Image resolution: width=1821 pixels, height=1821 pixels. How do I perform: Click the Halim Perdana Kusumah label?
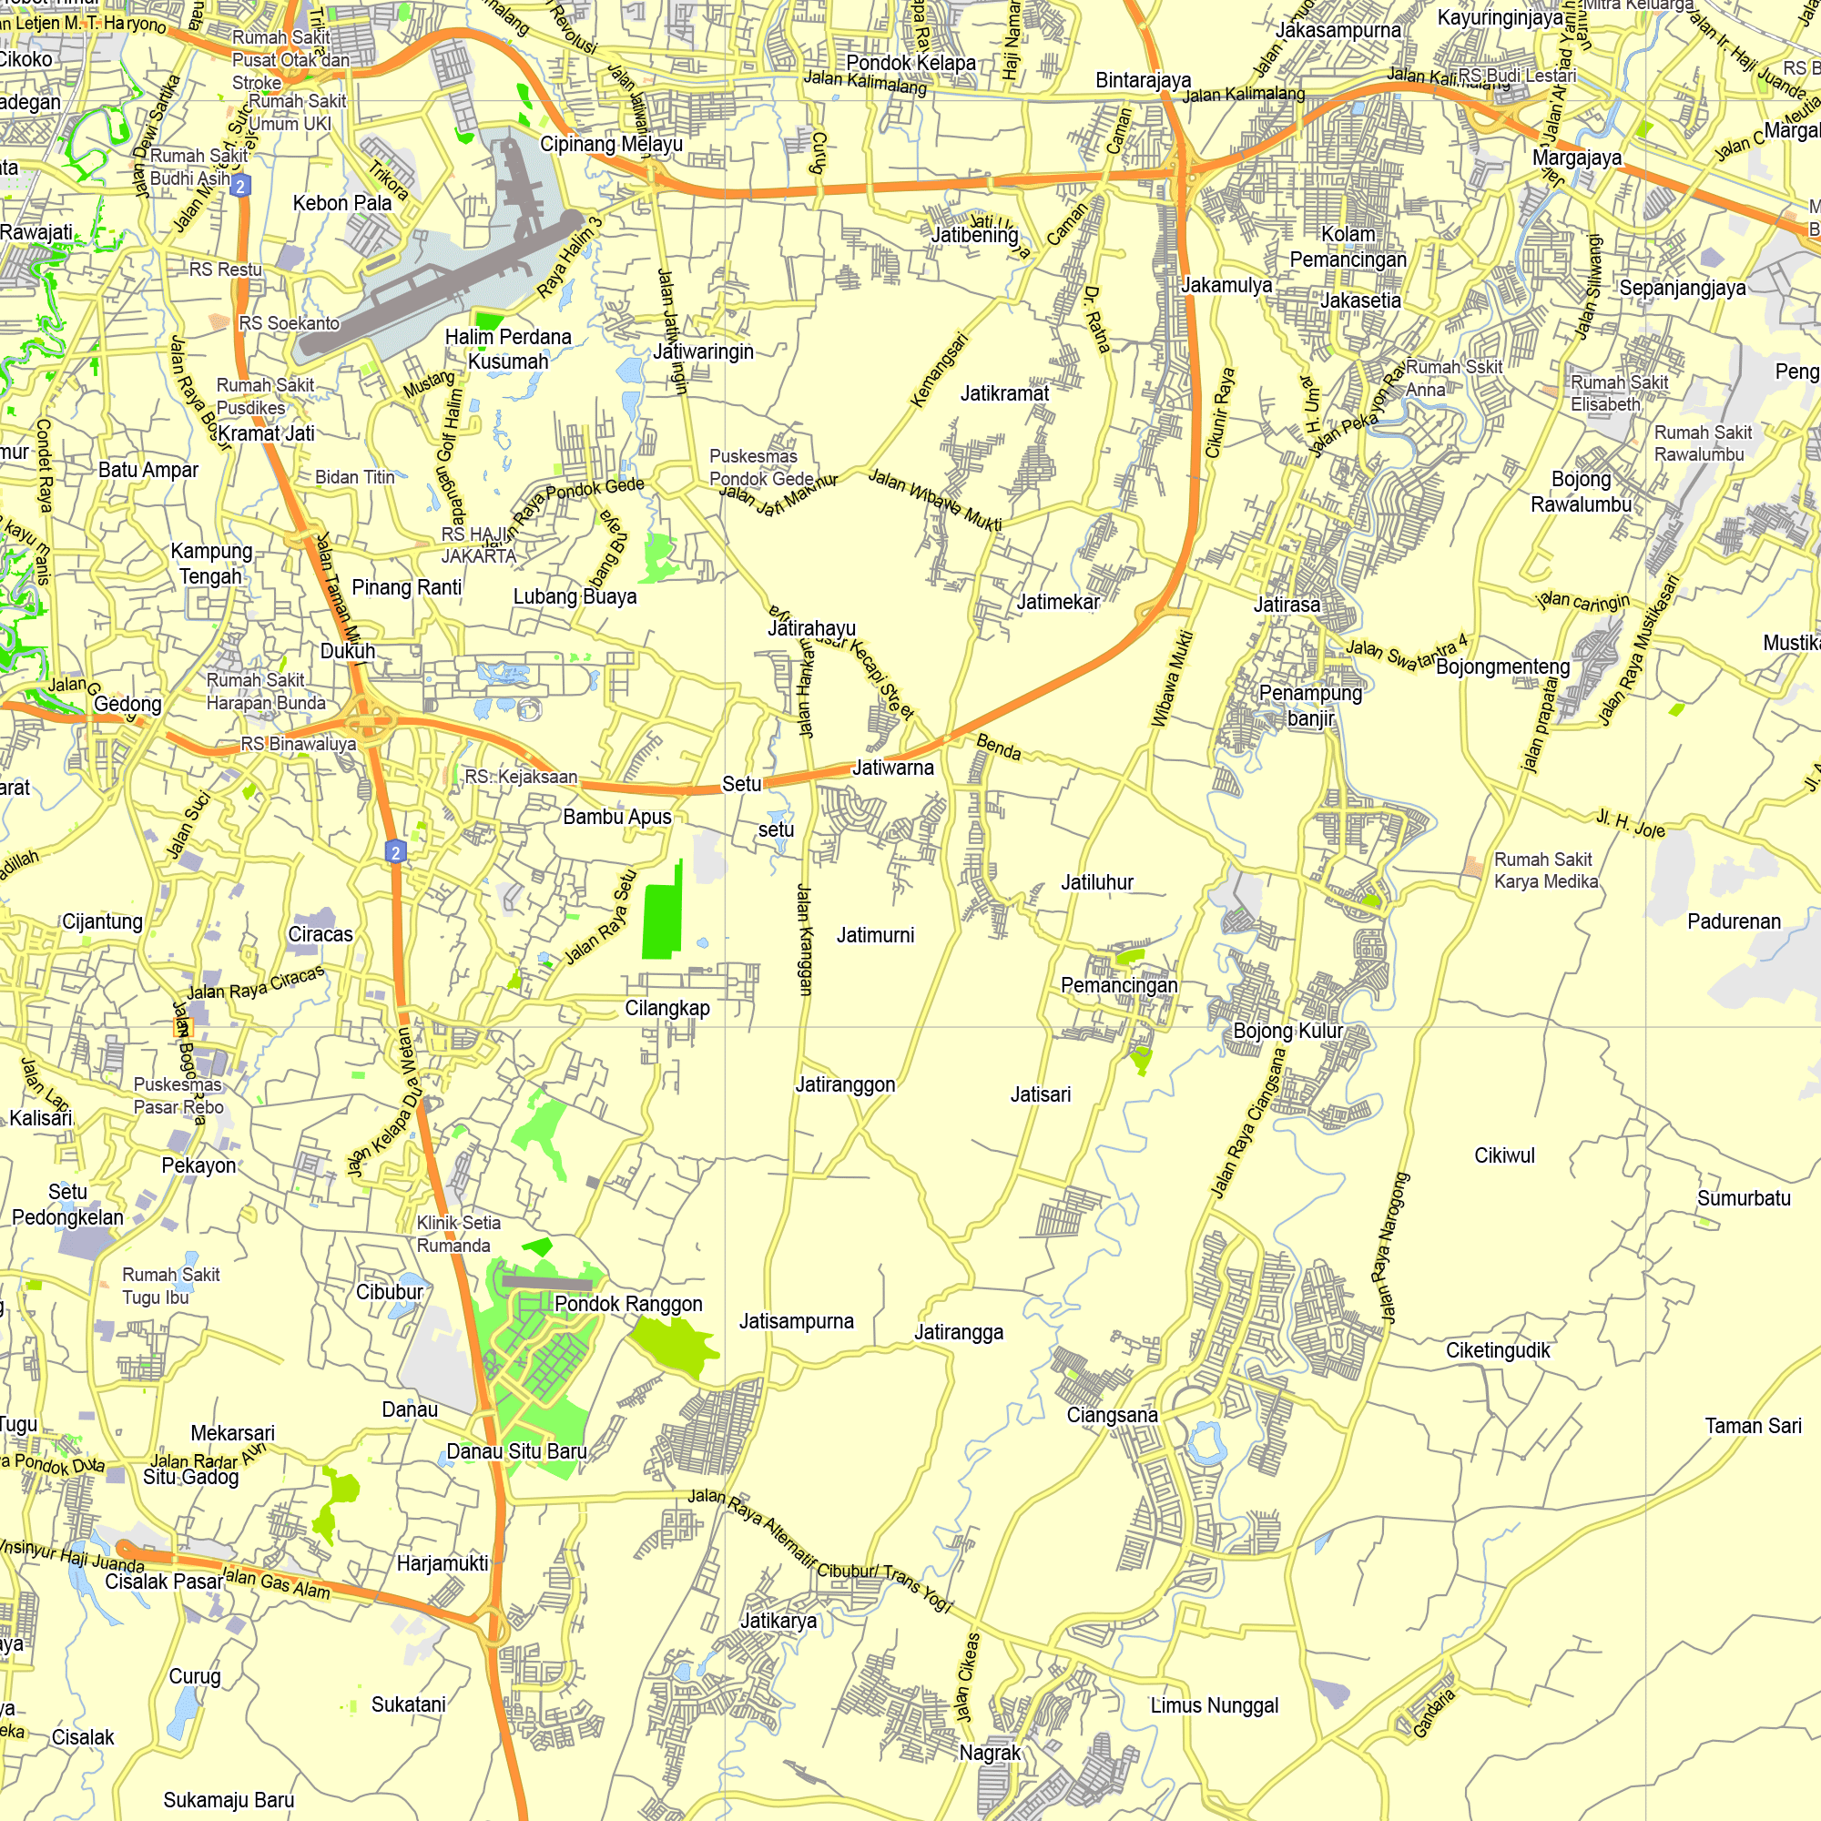click(x=508, y=349)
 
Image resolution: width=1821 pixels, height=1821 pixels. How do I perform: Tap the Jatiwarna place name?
click(x=892, y=768)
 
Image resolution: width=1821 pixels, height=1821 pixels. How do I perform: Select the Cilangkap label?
click(x=667, y=1008)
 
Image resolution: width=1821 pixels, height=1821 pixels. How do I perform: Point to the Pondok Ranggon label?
click(x=627, y=1304)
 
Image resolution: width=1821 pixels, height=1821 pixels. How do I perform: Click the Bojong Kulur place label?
click(x=1287, y=1030)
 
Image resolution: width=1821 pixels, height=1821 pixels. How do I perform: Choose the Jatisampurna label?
click(x=796, y=1320)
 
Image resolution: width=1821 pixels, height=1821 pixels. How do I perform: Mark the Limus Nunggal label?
click(x=1214, y=1705)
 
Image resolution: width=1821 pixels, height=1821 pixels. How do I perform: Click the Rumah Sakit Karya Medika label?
click(x=1546, y=870)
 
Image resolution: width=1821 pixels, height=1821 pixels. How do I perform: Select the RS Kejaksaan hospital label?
click(x=520, y=777)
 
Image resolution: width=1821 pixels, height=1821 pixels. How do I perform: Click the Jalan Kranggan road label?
click(x=804, y=939)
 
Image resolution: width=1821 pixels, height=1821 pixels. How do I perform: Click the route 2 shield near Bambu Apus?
click(x=396, y=852)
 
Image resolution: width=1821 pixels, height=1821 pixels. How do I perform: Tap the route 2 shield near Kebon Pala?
click(x=240, y=186)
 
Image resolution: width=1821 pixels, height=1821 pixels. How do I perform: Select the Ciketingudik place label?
click(x=1497, y=1349)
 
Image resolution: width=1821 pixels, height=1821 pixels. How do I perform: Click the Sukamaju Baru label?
click(x=229, y=1799)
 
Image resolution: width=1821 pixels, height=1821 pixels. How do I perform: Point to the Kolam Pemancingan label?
click(x=1348, y=247)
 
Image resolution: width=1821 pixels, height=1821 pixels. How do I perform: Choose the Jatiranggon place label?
click(x=845, y=1083)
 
